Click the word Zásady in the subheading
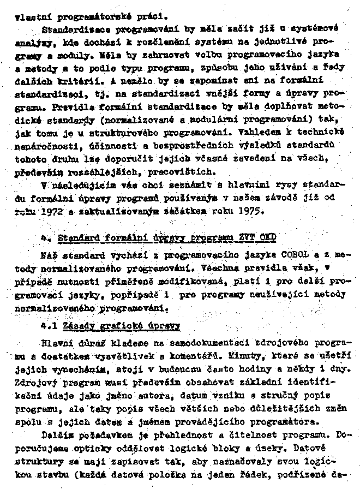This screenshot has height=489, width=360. (x=81, y=326)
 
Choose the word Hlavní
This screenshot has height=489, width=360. (x=57, y=345)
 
